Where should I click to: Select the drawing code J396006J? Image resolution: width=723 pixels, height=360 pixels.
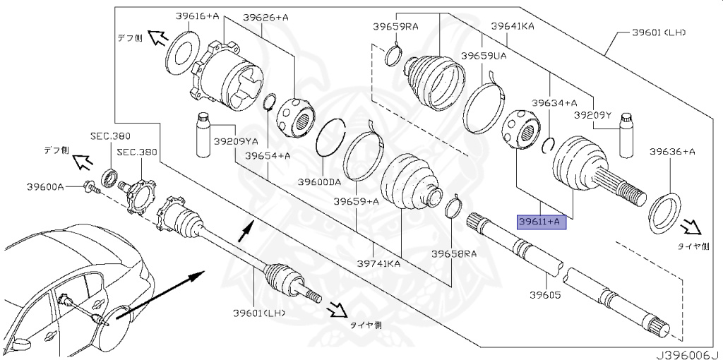pos(684,353)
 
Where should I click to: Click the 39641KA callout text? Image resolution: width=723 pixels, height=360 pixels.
pos(513,27)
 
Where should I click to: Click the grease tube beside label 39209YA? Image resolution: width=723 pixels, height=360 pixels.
pos(203,136)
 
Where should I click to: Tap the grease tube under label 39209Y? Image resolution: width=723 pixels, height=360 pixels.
pos(625,136)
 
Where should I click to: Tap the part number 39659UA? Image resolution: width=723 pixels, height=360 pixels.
pos(484,55)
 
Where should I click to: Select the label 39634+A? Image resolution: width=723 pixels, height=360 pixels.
pos(554,103)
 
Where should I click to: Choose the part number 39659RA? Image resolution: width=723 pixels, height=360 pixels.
pos(396,27)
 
